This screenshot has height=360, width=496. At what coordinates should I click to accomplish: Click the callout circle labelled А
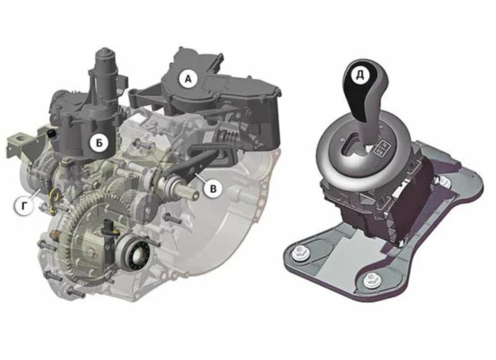click(188, 79)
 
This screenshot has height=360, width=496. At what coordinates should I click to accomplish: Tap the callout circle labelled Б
click(100, 143)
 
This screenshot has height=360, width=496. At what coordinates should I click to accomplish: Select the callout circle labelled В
click(212, 189)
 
